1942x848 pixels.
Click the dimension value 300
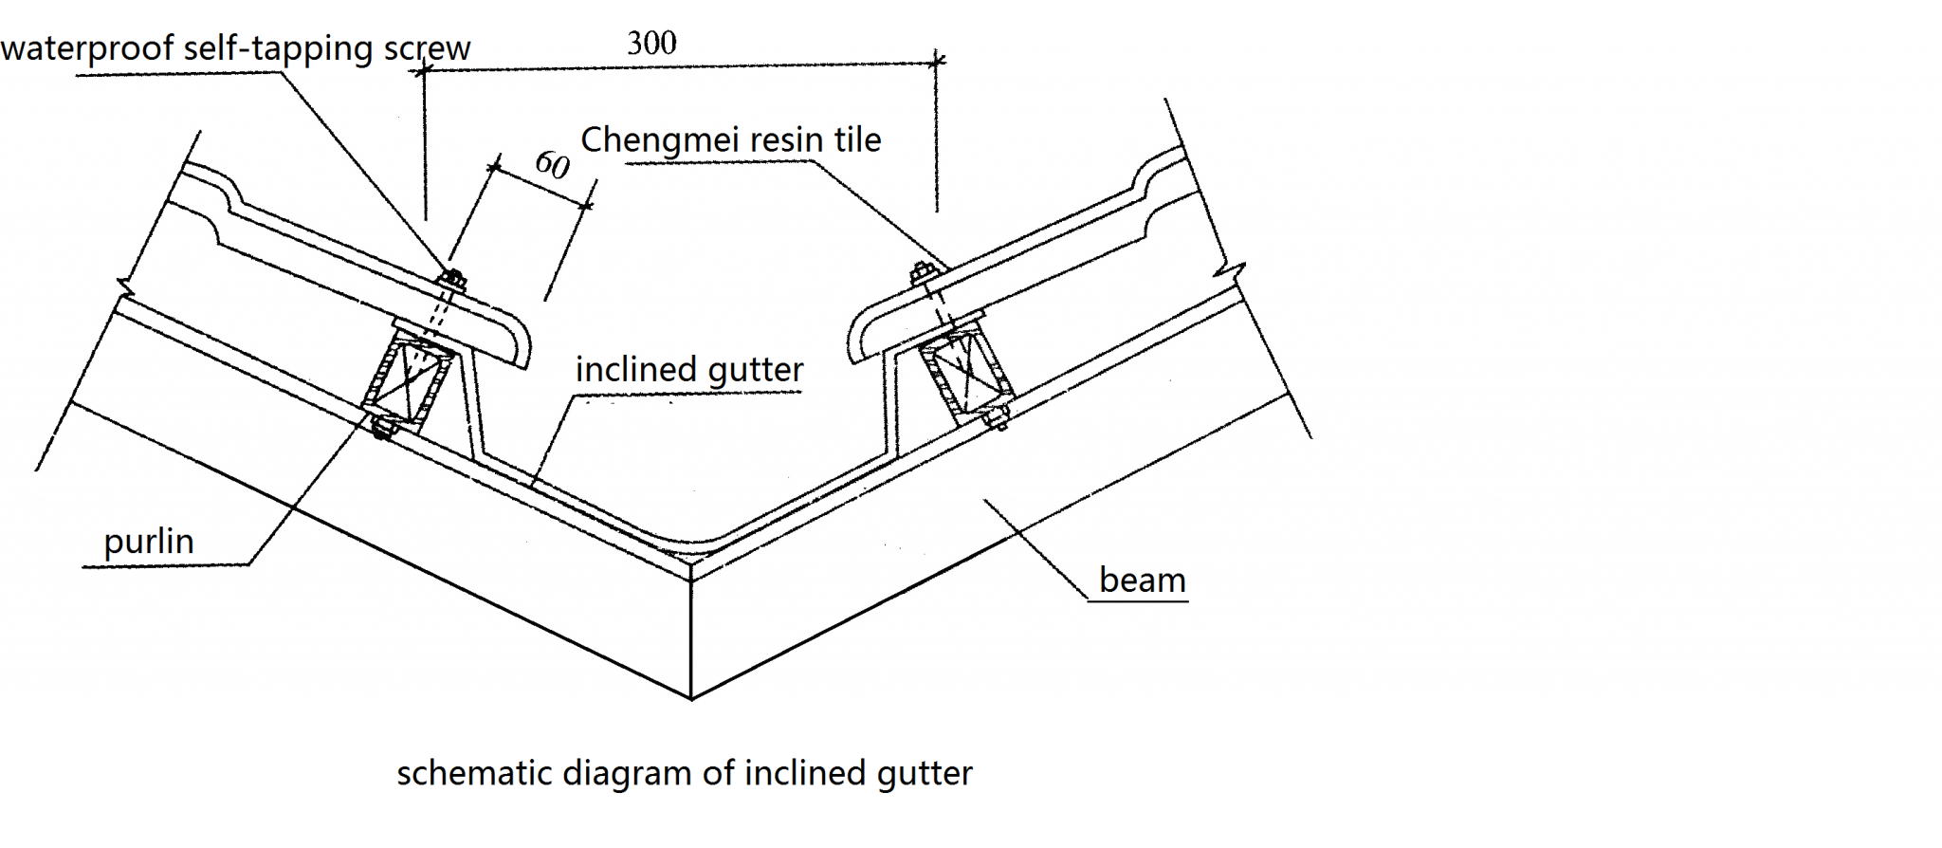651,43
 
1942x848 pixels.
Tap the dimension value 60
552,164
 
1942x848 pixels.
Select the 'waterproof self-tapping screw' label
235,48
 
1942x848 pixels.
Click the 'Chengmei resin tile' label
730,140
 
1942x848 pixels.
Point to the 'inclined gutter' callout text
689,369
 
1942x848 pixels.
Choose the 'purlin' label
149,542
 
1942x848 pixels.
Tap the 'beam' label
1142,580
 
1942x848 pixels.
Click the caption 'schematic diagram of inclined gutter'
685,773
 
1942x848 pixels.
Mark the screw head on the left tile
452,279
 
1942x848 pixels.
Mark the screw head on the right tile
923,274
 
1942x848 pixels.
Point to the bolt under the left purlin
383,429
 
